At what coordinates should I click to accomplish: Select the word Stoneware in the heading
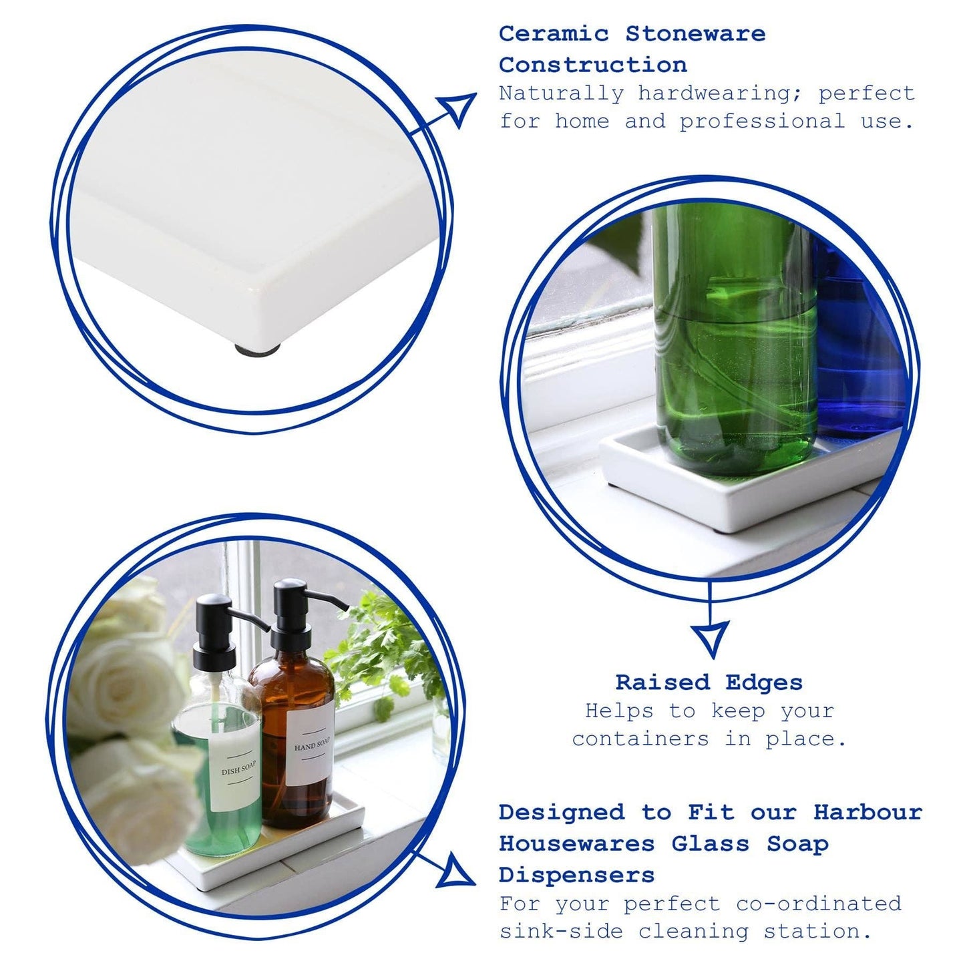pyautogui.click(x=695, y=33)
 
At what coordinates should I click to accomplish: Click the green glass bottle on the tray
pyautogui.click(x=735, y=334)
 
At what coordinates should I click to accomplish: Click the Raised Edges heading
pyautogui.click(x=709, y=683)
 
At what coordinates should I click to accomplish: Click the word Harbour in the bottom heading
pyautogui.click(x=867, y=813)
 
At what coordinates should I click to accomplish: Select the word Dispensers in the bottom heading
pyautogui.click(x=576, y=875)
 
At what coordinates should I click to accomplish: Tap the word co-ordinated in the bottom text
pyautogui.click(x=819, y=904)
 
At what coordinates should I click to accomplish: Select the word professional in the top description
pyautogui.click(x=762, y=122)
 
